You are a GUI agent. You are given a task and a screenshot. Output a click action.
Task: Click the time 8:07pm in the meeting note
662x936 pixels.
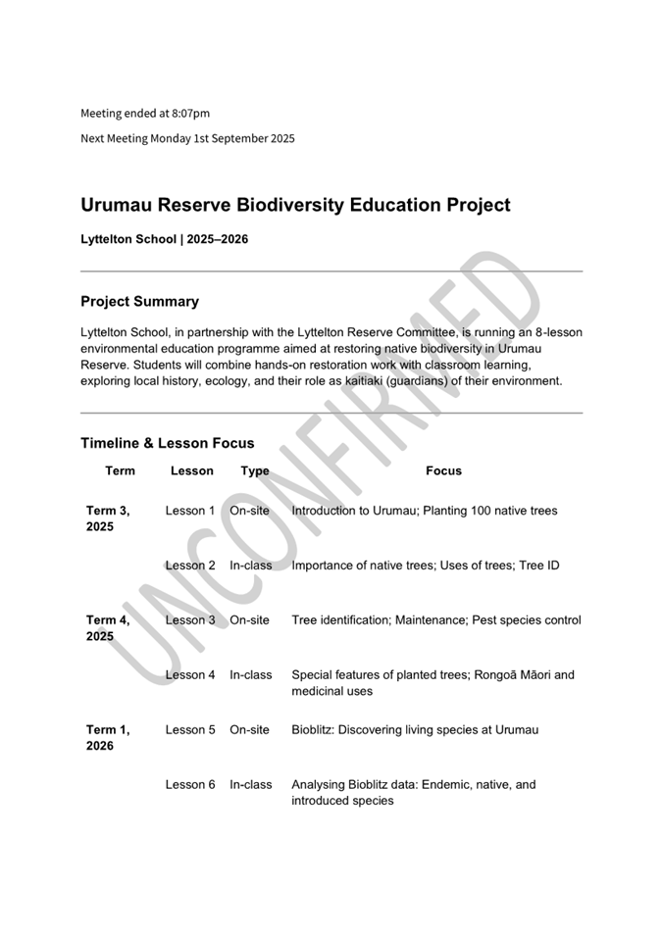click(x=191, y=114)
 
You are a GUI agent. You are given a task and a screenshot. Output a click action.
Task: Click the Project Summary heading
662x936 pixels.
click(x=139, y=302)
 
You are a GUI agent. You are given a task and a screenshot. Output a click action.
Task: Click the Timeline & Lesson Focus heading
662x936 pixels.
click(x=167, y=443)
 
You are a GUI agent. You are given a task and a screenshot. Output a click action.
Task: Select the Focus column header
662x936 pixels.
click(x=443, y=470)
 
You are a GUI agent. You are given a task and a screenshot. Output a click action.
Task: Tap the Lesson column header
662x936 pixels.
click(x=191, y=470)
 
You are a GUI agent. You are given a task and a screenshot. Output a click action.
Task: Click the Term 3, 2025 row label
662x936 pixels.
click(x=108, y=518)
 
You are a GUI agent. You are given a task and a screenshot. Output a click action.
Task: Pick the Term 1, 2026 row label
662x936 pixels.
click(x=108, y=737)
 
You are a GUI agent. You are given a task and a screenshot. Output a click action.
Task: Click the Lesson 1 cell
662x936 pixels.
click(x=190, y=511)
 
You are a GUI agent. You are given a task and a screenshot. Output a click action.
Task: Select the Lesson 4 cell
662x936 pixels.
click(x=190, y=674)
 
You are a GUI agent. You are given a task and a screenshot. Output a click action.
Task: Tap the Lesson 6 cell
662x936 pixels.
click(x=190, y=784)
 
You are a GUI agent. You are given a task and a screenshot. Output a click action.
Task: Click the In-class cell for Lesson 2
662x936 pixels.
click(x=251, y=566)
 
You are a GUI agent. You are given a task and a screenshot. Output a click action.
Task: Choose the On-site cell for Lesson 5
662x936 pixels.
click(x=249, y=729)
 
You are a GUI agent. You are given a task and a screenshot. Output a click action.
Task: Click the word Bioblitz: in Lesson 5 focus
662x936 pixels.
click(x=316, y=729)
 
